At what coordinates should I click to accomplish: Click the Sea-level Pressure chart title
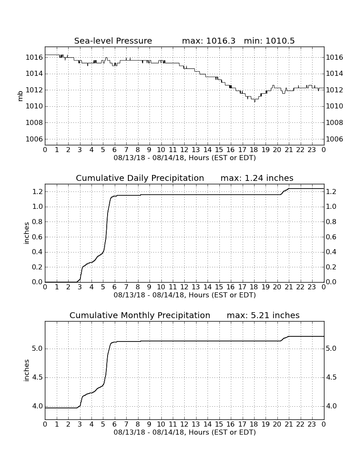point(113,41)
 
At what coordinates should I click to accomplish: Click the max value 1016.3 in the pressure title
point(220,41)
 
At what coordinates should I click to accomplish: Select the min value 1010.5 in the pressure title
point(280,41)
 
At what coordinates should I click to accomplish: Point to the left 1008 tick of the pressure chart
point(34,123)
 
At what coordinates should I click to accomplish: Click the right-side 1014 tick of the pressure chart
point(335,74)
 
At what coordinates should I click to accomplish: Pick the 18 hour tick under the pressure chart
point(254,150)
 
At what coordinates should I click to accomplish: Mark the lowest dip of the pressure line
point(255,102)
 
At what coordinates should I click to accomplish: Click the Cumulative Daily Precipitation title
point(140,178)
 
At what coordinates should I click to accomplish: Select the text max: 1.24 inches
point(257,178)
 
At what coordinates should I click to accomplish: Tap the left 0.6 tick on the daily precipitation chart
point(37,237)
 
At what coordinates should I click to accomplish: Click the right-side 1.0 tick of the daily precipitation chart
point(331,207)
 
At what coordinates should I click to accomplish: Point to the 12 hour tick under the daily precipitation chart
point(184,287)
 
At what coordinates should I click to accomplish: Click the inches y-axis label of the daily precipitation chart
point(27,233)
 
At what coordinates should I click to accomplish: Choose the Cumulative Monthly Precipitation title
point(140,315)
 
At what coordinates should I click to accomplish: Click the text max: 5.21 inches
point(263,315)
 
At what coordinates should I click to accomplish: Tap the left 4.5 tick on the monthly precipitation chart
point(37,377)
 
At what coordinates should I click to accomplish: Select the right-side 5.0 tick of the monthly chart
point(331,348)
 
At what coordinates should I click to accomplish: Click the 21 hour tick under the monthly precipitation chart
point(288,424)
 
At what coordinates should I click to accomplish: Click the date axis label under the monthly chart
point(185,432)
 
